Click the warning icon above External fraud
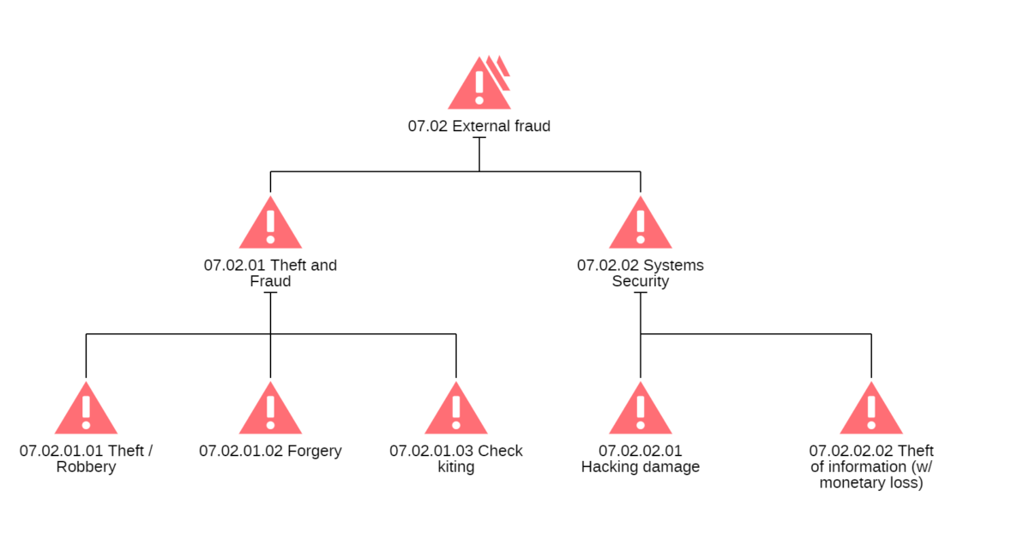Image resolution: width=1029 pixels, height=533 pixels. click(478, 84)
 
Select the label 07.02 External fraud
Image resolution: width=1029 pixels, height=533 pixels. click(478, 126)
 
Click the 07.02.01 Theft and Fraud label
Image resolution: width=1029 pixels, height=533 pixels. click(270, 273)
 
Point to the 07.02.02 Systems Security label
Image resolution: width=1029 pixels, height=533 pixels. click(641, 273)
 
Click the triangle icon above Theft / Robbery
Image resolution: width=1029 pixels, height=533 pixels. click(86, 411)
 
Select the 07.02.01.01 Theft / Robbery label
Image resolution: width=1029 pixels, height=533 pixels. click(86, 459)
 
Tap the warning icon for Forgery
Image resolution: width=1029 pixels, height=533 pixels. click(270, 411)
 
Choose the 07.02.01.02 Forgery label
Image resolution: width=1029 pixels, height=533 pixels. click(270, 451)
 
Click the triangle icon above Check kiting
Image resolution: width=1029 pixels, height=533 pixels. click(455, 411)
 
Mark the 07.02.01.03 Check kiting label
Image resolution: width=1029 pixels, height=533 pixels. click(455, 459)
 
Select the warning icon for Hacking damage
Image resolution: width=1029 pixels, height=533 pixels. click(641, 411)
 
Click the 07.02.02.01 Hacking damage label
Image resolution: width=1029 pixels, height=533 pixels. click(641, 459)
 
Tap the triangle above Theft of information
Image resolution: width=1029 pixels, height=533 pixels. click(871, 411)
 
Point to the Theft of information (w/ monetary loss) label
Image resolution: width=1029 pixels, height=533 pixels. click(871, 467)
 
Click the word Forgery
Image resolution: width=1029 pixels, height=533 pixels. click(314, 451)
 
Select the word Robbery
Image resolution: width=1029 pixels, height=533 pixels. click(86, 468)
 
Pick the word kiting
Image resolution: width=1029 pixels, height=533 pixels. click(455, 468)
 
